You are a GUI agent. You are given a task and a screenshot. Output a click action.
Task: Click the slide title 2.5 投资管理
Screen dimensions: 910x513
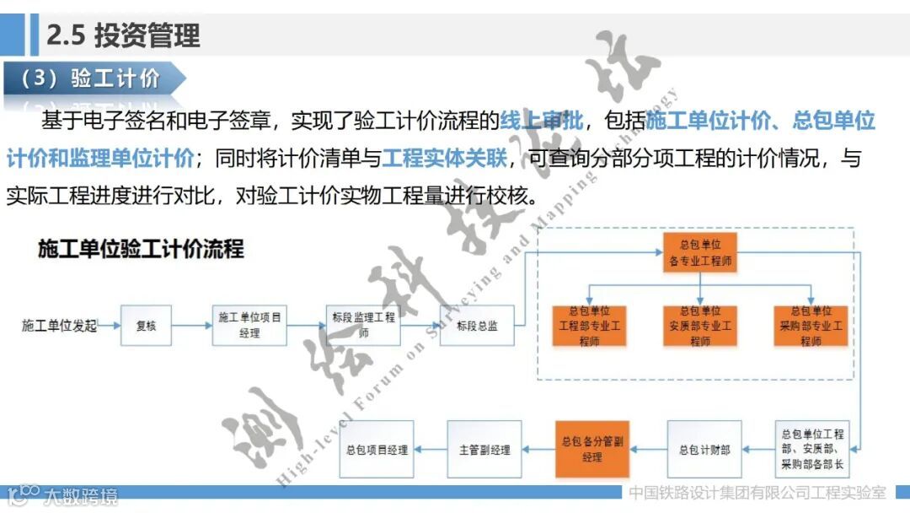pyautogui.click(x=123, y=35)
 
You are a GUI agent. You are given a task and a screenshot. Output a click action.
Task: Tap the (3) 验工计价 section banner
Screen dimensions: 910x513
pyautogui.click(x=90, y=79)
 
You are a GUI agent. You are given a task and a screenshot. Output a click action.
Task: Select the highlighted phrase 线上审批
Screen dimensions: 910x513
pyautogui.click(x=542, y=121)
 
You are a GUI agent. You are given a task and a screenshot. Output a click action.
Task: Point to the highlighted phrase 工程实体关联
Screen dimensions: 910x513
pyautogui.click(x=444, y=158)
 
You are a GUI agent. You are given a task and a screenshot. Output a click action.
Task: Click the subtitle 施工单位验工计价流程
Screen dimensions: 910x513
pyautogui.click(x=141, y=249)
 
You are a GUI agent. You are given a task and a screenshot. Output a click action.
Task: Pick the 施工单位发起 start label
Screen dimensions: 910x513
pyautogui.click(x=59, y=326)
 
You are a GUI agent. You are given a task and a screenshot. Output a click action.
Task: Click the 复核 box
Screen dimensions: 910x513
pyautogui.click(x=146, y=326)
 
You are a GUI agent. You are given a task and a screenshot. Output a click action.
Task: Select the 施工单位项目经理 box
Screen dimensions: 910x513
pyautogui.click(x=249, y=326)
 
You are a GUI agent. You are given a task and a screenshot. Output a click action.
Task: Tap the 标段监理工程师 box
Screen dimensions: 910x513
pyautogui.click(x=363, y=326)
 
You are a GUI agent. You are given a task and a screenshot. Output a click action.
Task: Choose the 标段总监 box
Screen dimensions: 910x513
pyautogui.click(x=477, y=326)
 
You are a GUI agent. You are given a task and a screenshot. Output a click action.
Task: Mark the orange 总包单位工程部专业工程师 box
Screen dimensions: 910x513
pyautogui.click(x=589, y=326)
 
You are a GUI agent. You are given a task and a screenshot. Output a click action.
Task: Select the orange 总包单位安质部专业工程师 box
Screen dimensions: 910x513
pyautogui.click(x=699, y=326)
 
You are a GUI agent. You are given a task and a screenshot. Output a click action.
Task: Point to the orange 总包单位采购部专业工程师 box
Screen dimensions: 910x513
pyautogui.click(x=810, y=326)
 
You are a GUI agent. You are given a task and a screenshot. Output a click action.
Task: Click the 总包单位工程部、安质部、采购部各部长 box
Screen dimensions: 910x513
pyautogui.click(x=812, y=450)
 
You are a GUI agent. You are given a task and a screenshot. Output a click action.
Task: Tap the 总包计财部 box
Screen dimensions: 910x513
pyautogui.click(x=704, y=450)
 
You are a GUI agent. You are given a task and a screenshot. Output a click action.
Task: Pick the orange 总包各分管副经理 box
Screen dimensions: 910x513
pyautogui.click(x=592, y=450)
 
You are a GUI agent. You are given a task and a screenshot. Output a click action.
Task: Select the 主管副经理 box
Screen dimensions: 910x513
pyautogui.click(x=484, y=450)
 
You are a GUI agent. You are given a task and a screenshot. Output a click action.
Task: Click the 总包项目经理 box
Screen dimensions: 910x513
pyautogui.click(x=377, y=450)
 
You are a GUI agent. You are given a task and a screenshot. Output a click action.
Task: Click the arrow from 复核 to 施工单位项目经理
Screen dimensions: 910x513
pyautogui.click(x=191, y=326)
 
